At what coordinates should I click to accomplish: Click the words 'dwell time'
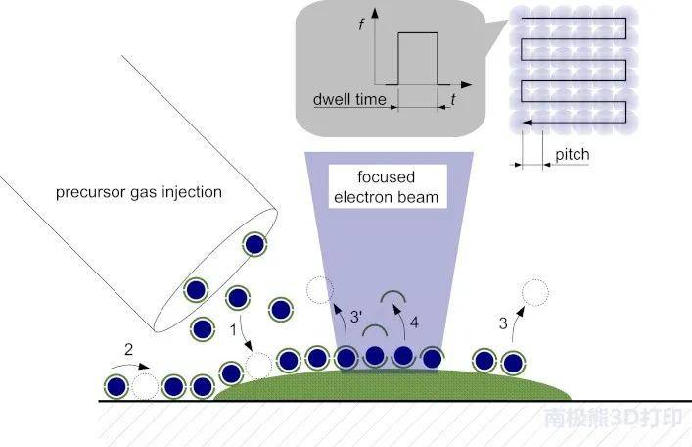click(x=349, y=99)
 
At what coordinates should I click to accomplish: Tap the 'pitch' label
click(x=572, y=154)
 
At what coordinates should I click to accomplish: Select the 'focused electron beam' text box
click(x=387, y=186)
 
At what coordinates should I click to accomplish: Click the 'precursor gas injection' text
click(x=139, y=192)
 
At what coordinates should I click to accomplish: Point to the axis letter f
click(x=362, y=24)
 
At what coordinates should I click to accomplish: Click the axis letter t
click(x=453, y=99)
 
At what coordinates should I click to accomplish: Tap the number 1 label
click(x=234, y=329)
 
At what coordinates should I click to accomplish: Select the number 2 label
click(x=128, y=349)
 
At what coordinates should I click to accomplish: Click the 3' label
click(x=356, y=317)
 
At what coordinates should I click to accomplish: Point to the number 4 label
click(x=414, y=323)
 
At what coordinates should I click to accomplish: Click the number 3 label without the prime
click(x=503, y=323)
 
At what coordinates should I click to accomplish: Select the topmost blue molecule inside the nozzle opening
click(x=254, y=244)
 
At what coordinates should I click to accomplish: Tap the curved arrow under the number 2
click(x=130, y=366)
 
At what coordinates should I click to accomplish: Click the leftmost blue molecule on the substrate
click(x=116, y=387)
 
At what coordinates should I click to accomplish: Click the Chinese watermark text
click(x=613, y=418)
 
